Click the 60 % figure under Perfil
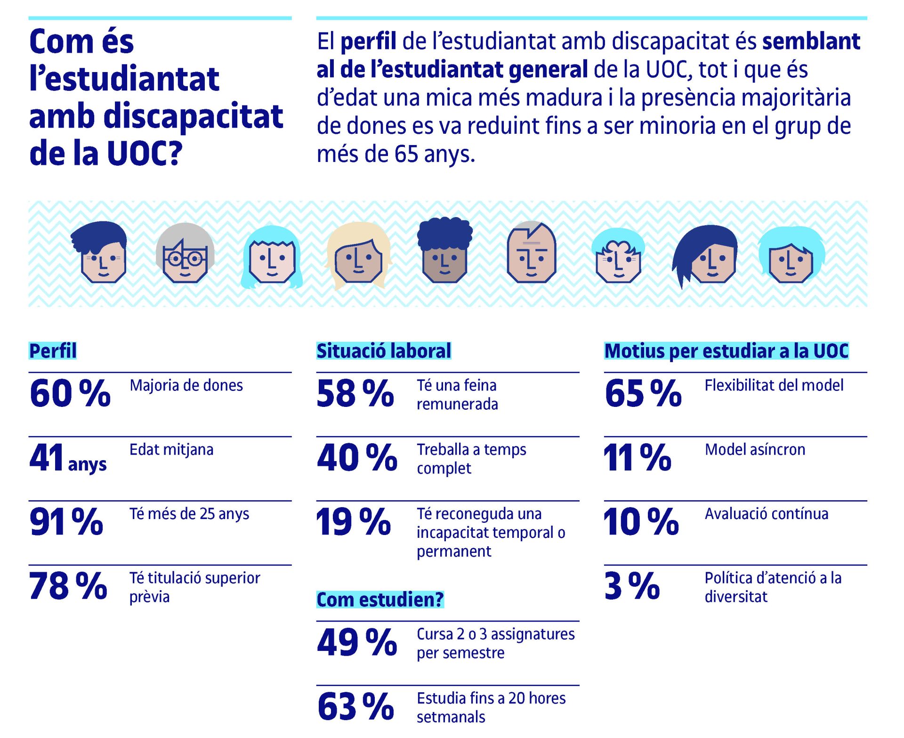[70, 393]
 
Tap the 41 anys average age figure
[68, 458]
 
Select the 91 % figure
[66, 522]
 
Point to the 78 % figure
[68, 586]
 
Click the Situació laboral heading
[383, 351]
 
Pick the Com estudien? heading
[380, 600]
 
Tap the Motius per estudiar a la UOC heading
[726, 351]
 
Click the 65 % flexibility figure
[643, 393]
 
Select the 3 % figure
[632, 586]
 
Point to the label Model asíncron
[755, 450]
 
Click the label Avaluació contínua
[766, 514]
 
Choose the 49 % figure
[357, 642]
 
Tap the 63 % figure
[355, 706]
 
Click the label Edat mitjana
[171, 450]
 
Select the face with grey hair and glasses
[185, 253]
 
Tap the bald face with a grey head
[532, 253]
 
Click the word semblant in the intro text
[811, 41]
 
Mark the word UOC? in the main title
[144, 154]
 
